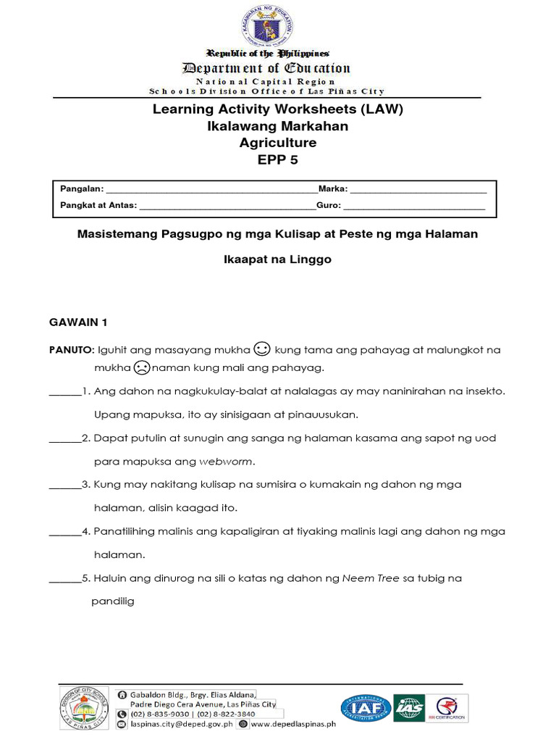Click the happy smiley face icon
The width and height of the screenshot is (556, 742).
click(x=263, y=349)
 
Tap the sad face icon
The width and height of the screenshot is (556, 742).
click(x=142, y=367)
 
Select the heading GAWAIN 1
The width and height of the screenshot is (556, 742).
click(x=77, y=320)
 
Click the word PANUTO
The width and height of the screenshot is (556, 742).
click(x=69, y=350)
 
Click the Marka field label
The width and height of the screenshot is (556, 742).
click(x=332, y=188)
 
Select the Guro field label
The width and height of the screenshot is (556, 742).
click(x=329, y=205)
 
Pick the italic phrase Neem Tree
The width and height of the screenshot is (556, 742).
click(x=370, y=578)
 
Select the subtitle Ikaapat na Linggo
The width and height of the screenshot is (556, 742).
click(x=277, y=259)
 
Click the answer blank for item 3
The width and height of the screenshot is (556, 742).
click(x=64, y=484)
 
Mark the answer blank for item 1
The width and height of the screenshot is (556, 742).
click(x=64, y=391)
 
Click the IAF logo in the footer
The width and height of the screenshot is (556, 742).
click(x=363, y=708)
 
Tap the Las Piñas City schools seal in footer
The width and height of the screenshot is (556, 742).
click(x=84, y=708)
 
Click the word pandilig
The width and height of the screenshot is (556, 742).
click(x=114, y=601)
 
